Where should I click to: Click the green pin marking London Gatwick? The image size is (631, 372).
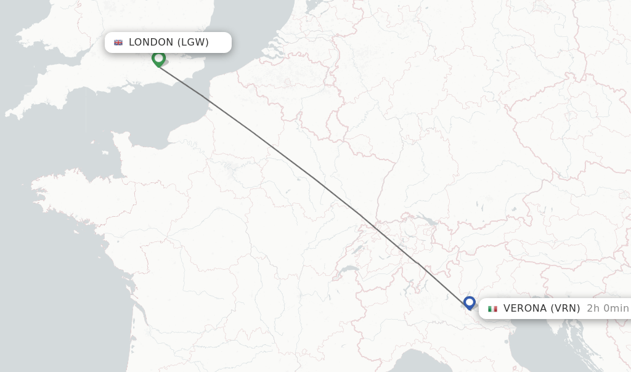158,59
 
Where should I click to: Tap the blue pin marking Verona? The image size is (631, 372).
470,302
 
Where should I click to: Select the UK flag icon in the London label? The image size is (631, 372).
118,42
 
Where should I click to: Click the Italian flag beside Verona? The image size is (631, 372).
492,309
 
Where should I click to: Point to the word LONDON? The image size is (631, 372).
151,42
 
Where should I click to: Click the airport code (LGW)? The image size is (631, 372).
193,42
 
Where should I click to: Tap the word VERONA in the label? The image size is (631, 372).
526,309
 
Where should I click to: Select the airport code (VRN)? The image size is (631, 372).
565,309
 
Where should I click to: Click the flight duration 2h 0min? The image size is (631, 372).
608,309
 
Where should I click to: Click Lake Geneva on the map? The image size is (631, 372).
349,270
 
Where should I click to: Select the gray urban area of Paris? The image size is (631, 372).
233,165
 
